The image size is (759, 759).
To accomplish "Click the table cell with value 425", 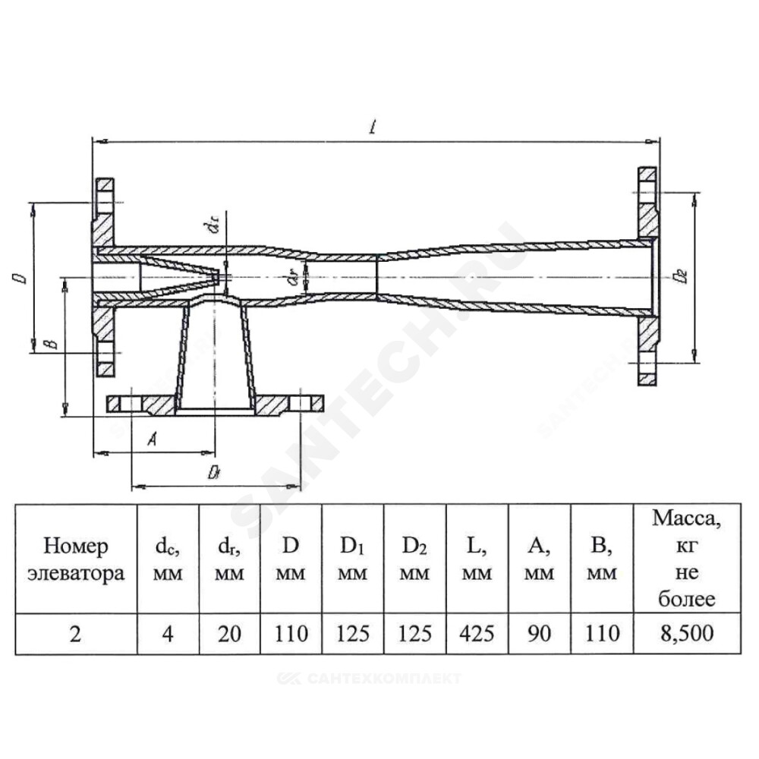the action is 477,633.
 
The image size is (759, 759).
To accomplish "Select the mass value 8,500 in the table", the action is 687,633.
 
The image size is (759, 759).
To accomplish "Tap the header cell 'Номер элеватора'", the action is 76,559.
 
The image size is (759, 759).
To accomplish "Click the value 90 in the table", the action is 539,633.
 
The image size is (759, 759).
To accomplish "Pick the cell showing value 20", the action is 229,633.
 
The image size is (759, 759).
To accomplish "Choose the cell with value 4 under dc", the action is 168,633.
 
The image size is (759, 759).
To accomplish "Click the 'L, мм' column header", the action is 477,559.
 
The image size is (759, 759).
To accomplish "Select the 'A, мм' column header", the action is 539,559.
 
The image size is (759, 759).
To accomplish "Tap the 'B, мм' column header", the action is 602,559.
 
